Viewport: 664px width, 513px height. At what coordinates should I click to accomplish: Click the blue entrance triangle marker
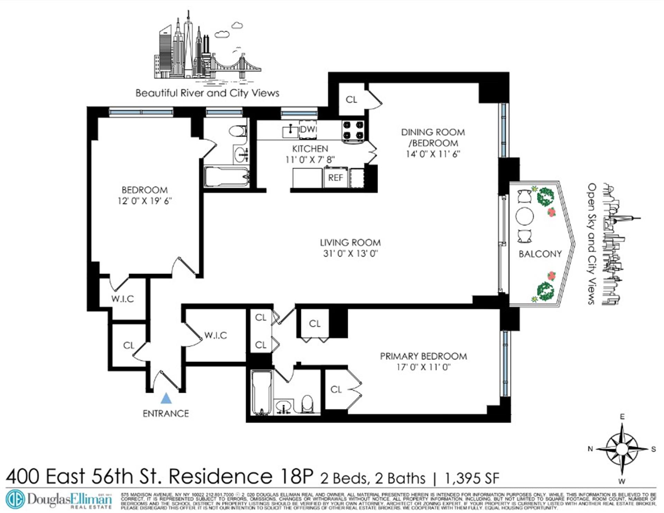(x=166, y=399)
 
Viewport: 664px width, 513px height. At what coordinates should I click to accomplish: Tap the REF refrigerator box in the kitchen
(x=335, y=178)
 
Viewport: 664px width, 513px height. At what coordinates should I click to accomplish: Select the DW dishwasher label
(x=307, y=129)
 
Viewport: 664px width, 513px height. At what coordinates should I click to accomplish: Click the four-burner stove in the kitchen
(x=353, y=130)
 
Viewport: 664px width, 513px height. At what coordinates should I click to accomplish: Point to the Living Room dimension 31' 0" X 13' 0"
(x=350, y=254)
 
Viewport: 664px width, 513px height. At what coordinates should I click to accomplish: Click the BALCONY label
(x=540, y=254)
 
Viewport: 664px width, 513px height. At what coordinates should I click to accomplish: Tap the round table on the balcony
(x=524, y=216)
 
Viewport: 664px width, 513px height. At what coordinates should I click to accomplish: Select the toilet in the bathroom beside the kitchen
(x=238, y=131)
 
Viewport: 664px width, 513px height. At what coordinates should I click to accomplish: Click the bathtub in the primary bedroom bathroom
(x=261, y=393)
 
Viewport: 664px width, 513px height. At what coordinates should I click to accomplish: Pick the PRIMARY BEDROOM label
(x=423, y=356)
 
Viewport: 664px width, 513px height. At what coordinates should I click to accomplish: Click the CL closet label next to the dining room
(x=351, y=100)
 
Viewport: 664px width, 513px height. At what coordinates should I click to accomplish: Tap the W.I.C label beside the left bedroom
(x=122, y=299)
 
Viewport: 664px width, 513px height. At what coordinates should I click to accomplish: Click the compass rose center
(x=622, y=449)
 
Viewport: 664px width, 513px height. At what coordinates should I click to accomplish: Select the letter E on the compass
(x=622, y=417)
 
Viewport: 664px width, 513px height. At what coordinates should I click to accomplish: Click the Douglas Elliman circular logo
(x=15, y=500)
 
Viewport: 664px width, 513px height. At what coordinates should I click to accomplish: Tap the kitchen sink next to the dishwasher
(x=290, y=131)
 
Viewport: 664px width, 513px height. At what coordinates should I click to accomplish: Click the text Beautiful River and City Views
(x=207, y=93)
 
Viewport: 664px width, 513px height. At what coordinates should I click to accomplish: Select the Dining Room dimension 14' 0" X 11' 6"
(x=433, y=154)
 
